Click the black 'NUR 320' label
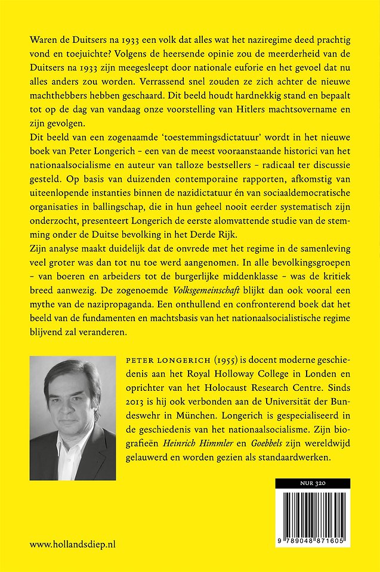pyautogui.click(x=313, y=483)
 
